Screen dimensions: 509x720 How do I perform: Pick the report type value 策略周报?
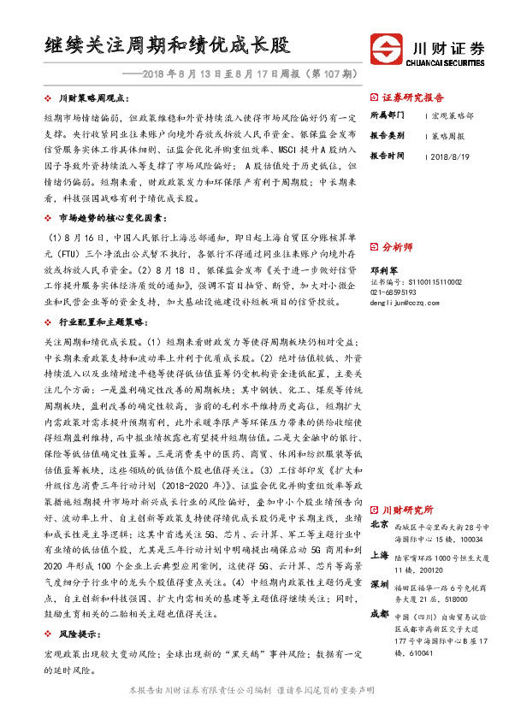coord(450,135)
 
